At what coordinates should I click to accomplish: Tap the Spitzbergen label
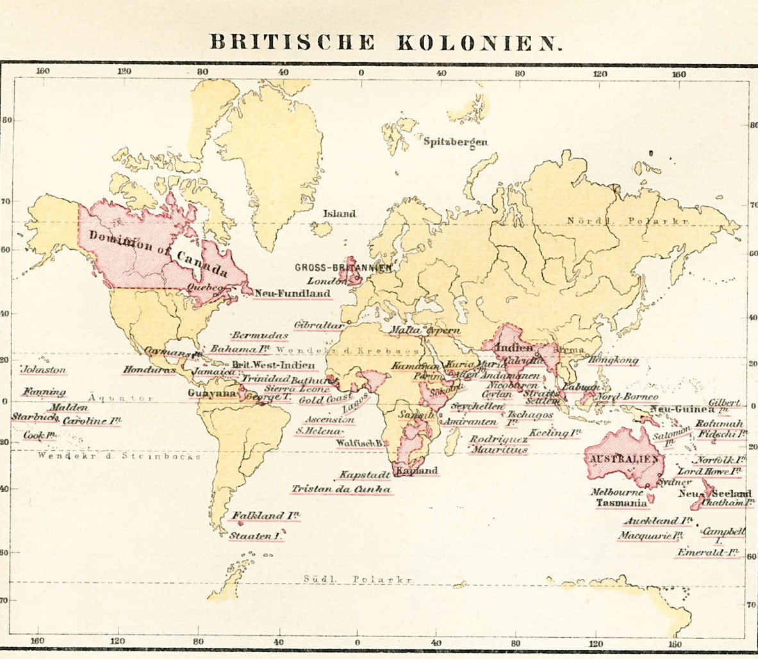[x=455, y=142]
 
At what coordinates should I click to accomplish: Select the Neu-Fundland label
[x=293, y=294]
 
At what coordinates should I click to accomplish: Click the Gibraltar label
[x=319, y=325]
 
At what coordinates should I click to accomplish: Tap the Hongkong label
[x=613, y=361]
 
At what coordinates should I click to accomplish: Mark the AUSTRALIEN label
[x=623, y=460]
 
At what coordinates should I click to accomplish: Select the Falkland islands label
[x=265, y=516]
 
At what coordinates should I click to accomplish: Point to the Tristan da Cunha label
[x=341, y=489]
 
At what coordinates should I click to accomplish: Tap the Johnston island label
[x=44, y=370]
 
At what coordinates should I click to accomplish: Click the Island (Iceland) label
[x=339, y=214]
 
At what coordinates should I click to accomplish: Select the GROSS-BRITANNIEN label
[x=343, y=268]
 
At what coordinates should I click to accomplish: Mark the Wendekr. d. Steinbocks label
[x=119, y=456]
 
